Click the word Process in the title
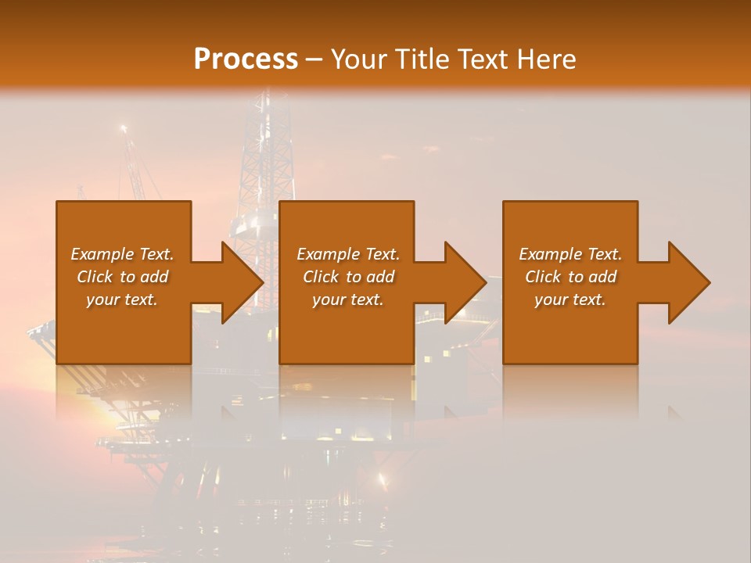(246, 59)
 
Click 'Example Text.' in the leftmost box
(122, 254)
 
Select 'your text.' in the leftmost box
(122, 299)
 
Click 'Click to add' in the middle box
(348, 277)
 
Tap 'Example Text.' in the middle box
(348, 254)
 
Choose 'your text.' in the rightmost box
(570, 299)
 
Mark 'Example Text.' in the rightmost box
(570, 254)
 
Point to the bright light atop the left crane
(123, 127)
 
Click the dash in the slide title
(314, 59)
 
